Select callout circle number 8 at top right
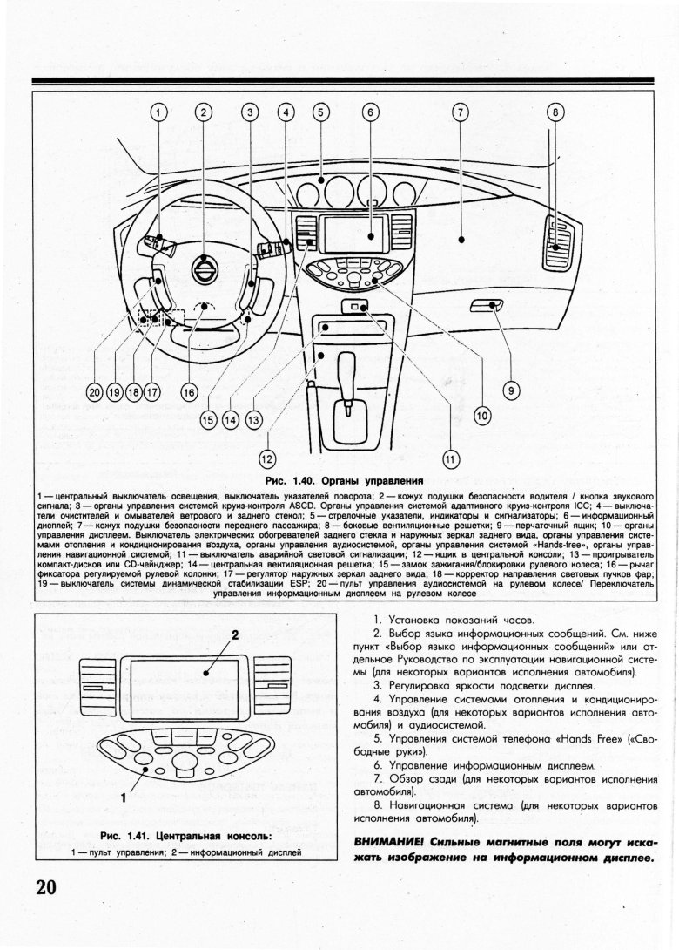point(556,112)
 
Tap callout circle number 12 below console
point(267,458)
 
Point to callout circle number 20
point(95,391)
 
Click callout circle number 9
point(512,391)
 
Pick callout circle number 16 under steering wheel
point(188,391)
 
